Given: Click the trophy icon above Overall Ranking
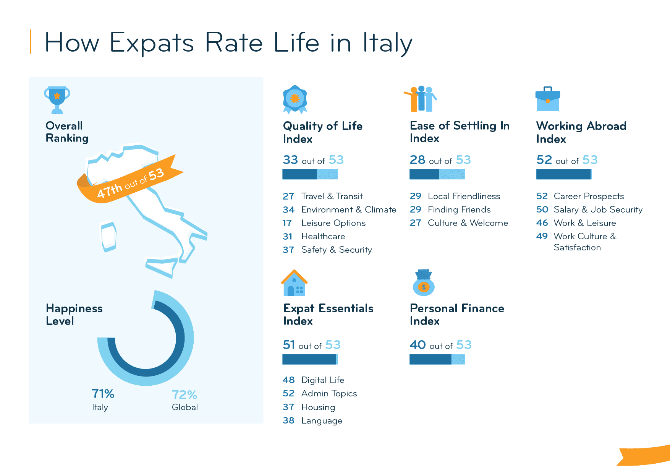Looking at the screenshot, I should click(57, 99).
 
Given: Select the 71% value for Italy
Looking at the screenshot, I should click(103, 394).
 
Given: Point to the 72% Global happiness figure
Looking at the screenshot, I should click(184, 394).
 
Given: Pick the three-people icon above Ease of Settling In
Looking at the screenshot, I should click(421, 99).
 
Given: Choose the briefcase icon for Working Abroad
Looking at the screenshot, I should click(547, 99).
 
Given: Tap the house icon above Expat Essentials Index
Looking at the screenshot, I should click(294, 283).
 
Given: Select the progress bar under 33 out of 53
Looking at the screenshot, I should click(310, 174).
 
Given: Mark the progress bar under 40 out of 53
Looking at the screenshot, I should click(437, 359).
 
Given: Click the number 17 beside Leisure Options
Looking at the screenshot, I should click(287, 223).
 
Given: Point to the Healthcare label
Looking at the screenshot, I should click(323, 236).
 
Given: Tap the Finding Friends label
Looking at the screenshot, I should click(459, 209).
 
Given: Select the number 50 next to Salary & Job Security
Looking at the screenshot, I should click(542, 209).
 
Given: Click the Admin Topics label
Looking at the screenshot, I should click(329, 393).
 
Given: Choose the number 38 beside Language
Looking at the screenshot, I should click(288, 420).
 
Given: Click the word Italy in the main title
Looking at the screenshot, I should click(387, 42).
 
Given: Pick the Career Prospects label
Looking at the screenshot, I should click(589, 196).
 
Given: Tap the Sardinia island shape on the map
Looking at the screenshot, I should click(108, 236).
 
